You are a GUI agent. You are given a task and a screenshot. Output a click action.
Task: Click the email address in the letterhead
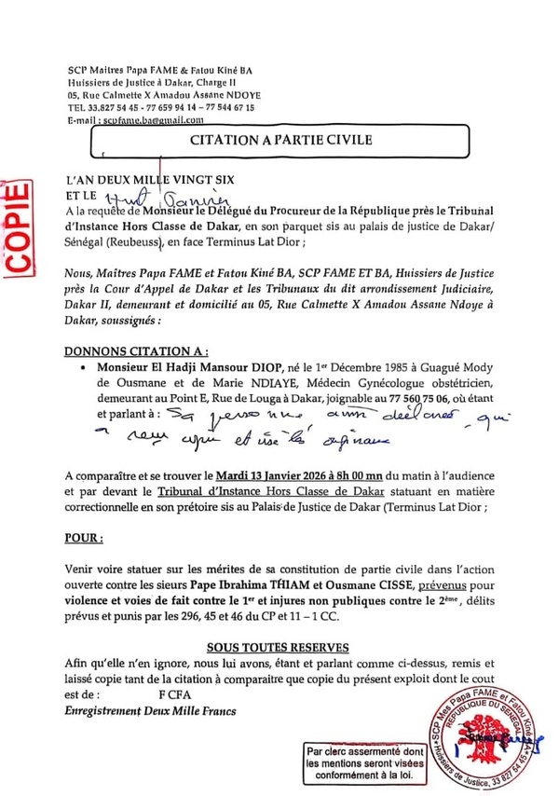point(144,121)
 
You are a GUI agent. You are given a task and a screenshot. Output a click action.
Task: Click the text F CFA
point(175,695)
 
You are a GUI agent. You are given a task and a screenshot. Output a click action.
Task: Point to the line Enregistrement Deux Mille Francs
point(148,711)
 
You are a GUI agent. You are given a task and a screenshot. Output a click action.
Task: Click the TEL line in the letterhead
point(161,106)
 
